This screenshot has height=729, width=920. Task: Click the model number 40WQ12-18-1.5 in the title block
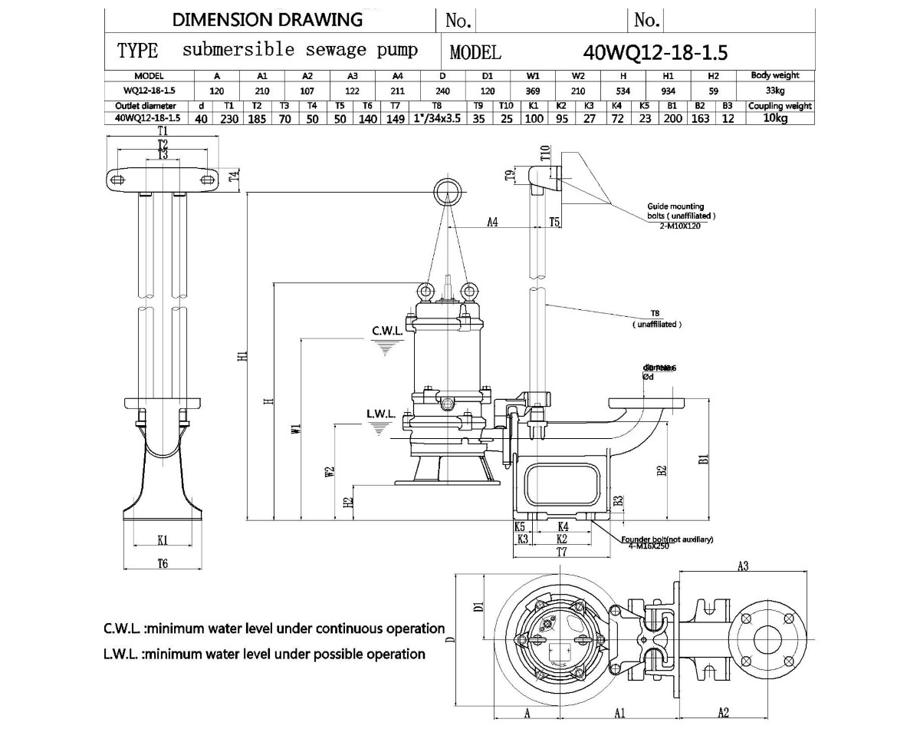pyautogui.click(x=655, y=52)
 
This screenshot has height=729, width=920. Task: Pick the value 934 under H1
pyautogui.click(x=668, y=89)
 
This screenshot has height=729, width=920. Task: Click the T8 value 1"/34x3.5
pyautogui.click(x=437, y=118)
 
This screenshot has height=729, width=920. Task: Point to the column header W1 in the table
pyautogui.click(x=534, y=76)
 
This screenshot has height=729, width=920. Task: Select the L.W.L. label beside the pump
pyautogui.click(x=381, y=414)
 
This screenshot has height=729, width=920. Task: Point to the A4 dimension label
pyautogui.click(x=493, y=222)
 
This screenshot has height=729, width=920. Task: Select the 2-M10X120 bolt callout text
pyautogui.click(x=680, y=226)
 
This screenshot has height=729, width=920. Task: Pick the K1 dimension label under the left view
pyautogui.click(x=163, y=539)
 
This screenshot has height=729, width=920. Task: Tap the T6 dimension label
pyautogui.click(x=163, y=563)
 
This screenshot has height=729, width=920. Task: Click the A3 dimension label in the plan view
pyautogui.click(x=742, y=566)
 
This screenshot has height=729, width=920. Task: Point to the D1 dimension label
pyautogui.click(x=476, y=606)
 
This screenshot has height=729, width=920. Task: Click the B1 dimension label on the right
pyautogui.click(x=703, y=459)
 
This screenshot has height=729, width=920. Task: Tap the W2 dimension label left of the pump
pyautogui.click(x=329, y=473)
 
